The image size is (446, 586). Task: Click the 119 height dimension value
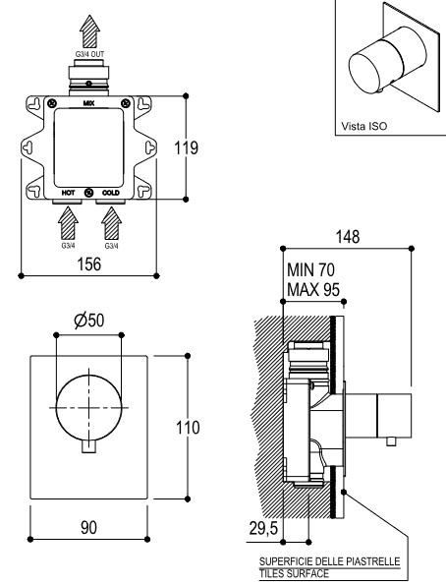tap(186, 147)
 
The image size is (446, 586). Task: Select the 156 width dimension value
tap(88, 264)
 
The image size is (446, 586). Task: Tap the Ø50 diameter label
tap(88, 321)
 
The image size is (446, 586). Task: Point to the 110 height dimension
tap(188, 428)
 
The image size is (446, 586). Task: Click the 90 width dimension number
tap(88, 527)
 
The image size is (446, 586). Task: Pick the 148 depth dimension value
tap(348, 237)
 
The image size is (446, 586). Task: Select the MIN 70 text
tap(310, 269)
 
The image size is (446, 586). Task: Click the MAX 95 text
tap(313, 289)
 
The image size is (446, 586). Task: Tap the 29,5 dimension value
tap(263, 528)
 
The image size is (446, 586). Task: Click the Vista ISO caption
tap(364, 126)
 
